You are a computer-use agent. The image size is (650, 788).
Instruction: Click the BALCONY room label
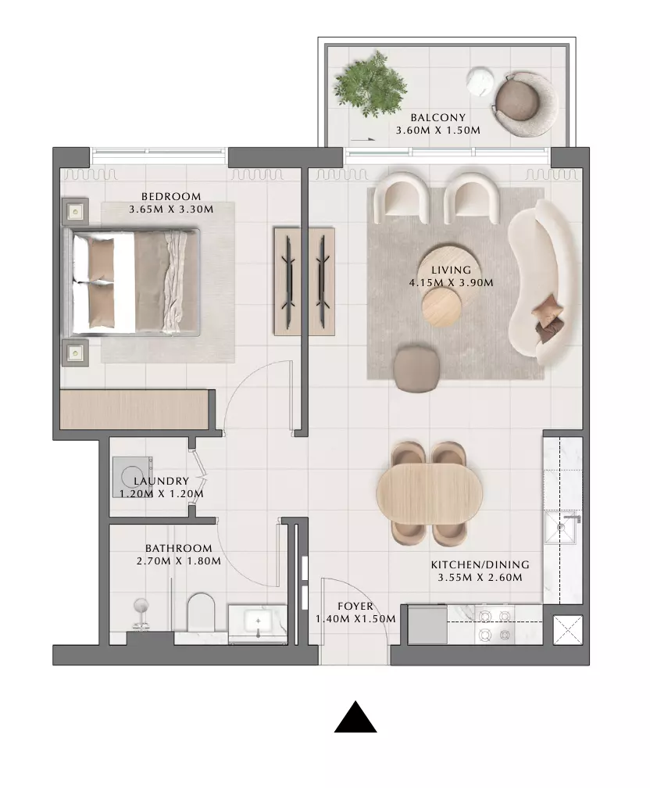pos(437,117)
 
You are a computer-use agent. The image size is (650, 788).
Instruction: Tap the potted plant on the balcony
pos(371,84)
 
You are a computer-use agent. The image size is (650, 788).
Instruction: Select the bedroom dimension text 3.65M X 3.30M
pos(171,209)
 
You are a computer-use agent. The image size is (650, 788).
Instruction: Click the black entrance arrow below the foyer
pos(355,717)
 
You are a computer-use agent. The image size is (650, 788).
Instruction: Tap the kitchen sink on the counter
pos(562,528)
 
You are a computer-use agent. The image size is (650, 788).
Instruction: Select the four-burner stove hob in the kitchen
pos(495,625)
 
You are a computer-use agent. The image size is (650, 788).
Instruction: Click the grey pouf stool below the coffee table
pos(415,369)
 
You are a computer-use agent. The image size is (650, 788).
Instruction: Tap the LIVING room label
pos(451,270)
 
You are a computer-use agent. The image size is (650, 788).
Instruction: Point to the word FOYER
pos(355,606)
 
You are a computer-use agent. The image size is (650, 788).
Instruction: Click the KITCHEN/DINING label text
pos(480,564)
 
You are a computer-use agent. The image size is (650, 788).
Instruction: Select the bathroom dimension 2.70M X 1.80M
pos(178,561)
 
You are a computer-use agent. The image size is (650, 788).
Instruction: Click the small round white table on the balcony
pos(480,81)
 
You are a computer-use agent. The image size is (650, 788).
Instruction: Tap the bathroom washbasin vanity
pos(258,624)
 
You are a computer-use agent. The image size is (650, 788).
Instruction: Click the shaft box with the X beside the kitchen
pos(568,630)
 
